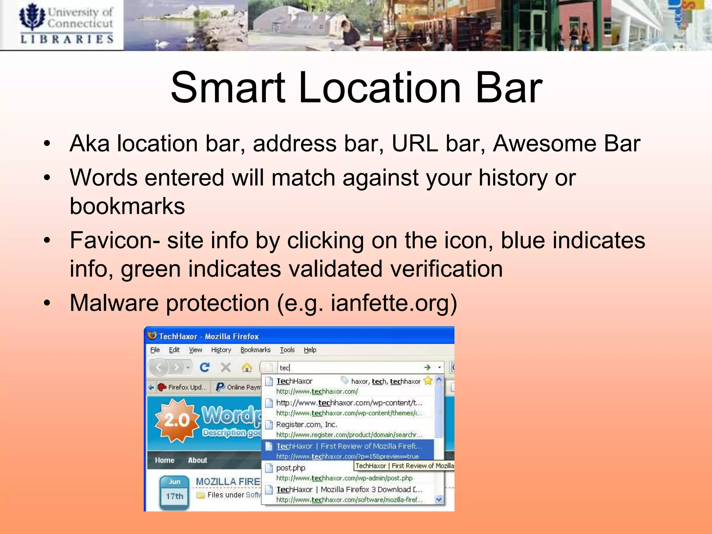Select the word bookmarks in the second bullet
127,206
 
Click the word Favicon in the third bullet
111,240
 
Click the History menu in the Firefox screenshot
221,350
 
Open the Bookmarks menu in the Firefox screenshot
256,350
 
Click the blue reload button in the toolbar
205,367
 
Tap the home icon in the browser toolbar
247,367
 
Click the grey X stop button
226,367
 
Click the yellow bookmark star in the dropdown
428,381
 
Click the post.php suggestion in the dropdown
291,468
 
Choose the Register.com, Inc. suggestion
306,424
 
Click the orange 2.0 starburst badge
177,420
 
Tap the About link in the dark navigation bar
197,460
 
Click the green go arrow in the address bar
427,367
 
